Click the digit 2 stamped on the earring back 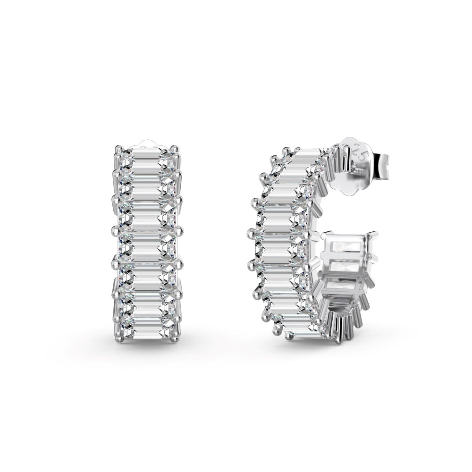(x=357, y=150)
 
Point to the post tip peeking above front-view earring (x=147, y=143)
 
